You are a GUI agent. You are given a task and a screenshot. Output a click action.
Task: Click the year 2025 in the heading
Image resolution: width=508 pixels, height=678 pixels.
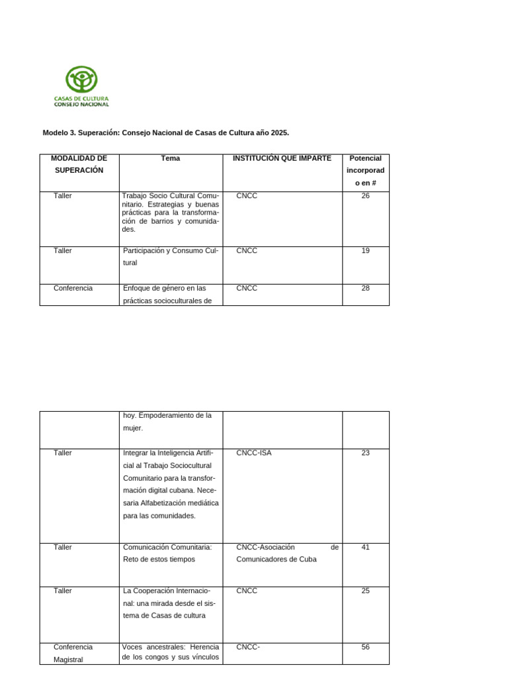279,133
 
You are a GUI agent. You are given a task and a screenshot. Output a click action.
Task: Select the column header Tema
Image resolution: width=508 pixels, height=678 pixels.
170,158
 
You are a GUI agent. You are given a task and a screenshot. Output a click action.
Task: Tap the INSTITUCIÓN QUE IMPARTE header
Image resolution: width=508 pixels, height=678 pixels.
282,158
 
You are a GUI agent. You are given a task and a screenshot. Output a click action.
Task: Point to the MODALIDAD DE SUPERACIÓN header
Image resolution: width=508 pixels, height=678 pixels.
79,164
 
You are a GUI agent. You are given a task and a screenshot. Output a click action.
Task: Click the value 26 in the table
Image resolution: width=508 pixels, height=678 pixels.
365,196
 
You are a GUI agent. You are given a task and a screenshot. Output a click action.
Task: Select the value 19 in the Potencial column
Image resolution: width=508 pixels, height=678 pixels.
365,251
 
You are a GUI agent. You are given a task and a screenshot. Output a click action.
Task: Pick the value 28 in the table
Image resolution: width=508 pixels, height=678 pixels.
365,289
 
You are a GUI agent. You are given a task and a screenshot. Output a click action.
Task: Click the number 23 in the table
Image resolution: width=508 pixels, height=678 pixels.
365,454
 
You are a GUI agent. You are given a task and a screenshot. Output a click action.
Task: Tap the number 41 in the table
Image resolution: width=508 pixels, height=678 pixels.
365,548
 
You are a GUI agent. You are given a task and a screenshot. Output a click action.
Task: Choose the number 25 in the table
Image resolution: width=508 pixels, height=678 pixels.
365,591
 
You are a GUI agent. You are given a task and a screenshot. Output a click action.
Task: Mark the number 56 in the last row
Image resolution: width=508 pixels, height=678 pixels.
365,647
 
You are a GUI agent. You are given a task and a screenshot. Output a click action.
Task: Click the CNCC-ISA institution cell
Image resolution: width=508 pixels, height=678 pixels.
253,454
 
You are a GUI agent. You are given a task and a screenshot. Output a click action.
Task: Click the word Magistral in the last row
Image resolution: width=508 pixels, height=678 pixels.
68,659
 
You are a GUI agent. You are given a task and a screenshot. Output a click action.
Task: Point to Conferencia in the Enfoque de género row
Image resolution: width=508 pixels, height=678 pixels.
73,289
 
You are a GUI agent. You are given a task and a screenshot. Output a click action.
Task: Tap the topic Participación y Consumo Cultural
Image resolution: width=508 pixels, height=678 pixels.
170,256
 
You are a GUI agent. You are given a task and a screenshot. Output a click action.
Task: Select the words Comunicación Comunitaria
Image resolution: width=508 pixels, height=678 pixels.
167,548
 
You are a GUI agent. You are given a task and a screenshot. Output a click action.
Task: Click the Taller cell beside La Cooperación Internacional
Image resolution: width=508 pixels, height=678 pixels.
63,591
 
